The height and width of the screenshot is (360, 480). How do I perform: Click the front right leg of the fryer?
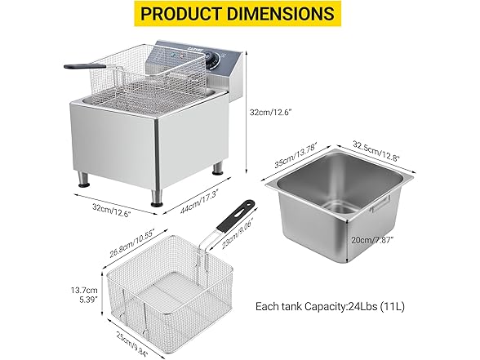tap(154, 198)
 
